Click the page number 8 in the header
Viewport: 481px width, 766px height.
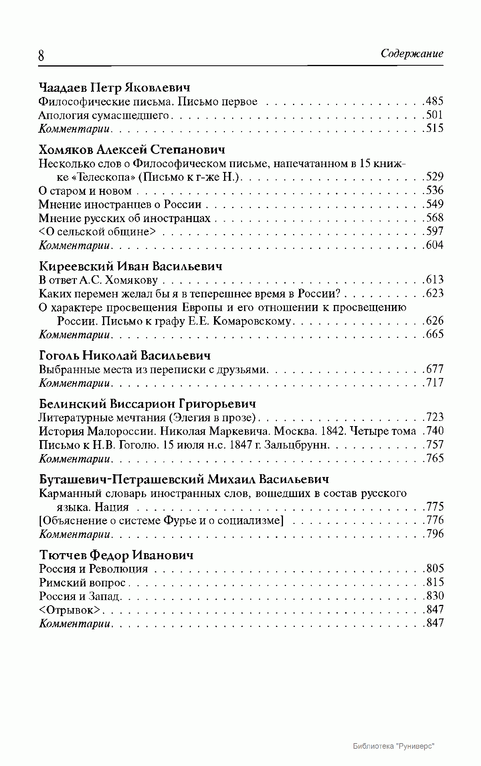[41, 55]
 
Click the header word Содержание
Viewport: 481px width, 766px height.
[412, 54]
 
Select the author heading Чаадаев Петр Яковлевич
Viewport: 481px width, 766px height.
[114, 87]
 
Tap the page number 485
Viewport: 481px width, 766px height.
[435, 101]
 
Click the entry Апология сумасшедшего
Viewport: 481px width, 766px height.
[104, 115]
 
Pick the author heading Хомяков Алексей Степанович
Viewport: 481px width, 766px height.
[132, 150]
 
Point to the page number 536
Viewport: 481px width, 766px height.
[435, 190]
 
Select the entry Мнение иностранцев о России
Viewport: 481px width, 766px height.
[120, 204]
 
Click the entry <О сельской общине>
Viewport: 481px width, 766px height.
[97, 232]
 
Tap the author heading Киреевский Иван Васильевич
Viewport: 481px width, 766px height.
[131, 266]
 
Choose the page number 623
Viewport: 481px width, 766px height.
[435, 293]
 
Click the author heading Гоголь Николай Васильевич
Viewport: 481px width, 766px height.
[125, 356]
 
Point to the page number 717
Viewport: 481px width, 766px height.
[435, 383]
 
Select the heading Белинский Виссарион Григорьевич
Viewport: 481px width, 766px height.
[148, 404]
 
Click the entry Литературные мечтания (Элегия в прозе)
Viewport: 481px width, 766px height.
[147, 418]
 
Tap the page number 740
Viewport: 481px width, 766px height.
[435, 431]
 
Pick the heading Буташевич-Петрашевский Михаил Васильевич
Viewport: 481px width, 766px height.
[184, 479]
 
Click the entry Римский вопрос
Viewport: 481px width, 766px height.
[82, 582]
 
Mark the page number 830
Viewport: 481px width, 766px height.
[435, 596]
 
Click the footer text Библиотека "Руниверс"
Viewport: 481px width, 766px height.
[394, 746]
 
